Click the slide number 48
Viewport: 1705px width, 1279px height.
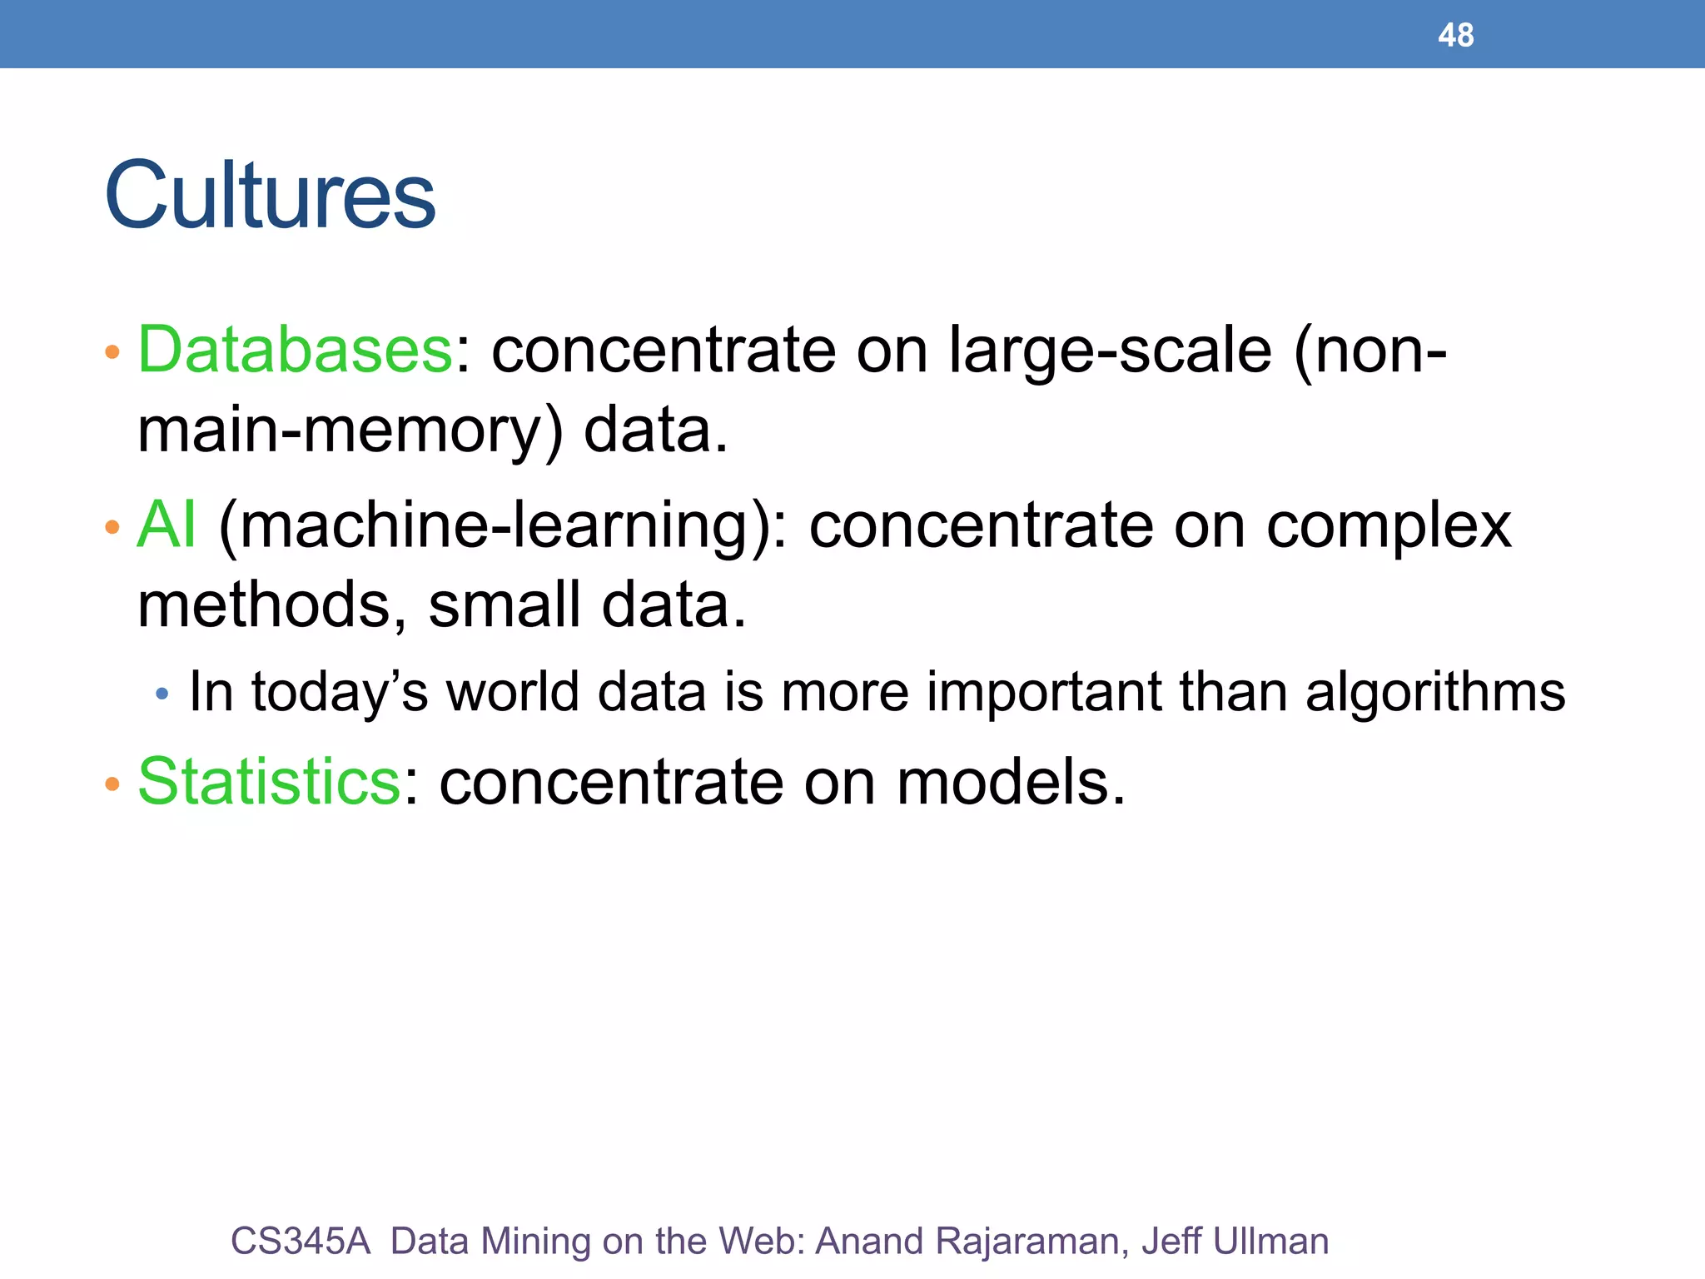coord(1455,35)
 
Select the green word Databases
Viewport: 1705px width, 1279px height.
coord(296,350)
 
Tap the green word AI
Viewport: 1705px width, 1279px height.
coord(167,525)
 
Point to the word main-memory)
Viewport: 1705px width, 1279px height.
coord(350,430)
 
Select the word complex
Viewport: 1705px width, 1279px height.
coord(1389,526)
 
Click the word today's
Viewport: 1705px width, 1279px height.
coord(340,693)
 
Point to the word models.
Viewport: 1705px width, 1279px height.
coord(1010,783)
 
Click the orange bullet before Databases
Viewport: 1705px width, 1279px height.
coord(112,352)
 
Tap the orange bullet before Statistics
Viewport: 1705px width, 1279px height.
coord(112,784)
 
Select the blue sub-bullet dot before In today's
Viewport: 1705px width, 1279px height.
coord(162,693)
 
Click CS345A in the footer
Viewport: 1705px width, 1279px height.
coord(300,1241)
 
